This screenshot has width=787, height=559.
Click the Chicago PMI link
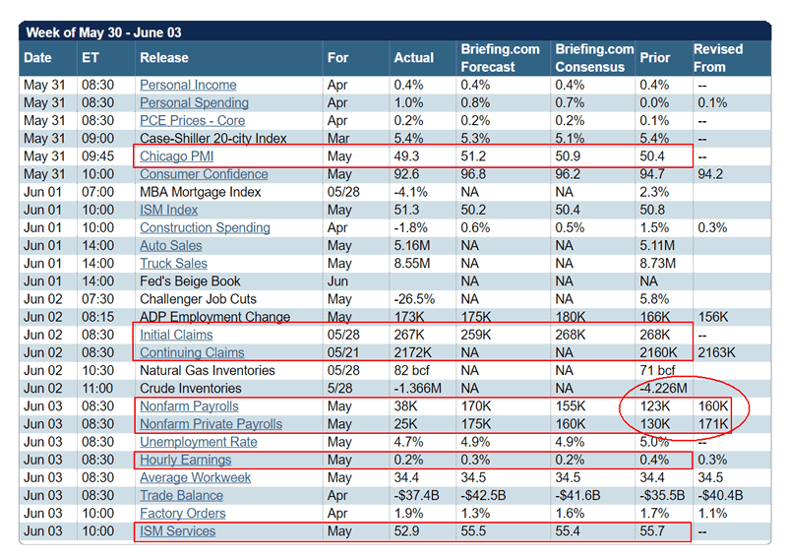pos(177,156)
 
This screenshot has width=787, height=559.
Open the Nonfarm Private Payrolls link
pos(211,424)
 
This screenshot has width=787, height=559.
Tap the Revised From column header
pos(718,58)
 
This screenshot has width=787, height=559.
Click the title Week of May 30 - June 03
pos(103,32)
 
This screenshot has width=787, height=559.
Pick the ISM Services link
pos(177,531)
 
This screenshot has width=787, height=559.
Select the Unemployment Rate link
pos(198,442)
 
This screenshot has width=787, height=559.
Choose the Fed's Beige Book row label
pos(190,281)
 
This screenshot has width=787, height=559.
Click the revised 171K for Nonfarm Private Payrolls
pos(711,424)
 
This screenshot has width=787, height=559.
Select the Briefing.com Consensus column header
pos(594,58)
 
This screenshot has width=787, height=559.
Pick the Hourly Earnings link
pos(185,460)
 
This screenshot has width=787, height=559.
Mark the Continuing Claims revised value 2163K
pos(715,352)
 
